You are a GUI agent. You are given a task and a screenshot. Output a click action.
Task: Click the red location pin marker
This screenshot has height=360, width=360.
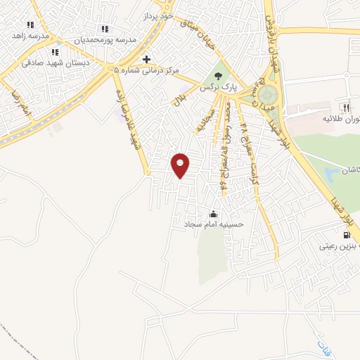tap(181, 165)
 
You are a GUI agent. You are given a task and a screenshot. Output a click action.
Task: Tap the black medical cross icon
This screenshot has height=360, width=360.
tap(146, 59)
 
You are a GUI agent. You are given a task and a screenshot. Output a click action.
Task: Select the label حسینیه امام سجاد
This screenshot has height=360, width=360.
tap(213, 225)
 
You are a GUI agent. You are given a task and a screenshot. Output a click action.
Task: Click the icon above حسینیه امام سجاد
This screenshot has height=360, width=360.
tap(214, 214)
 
